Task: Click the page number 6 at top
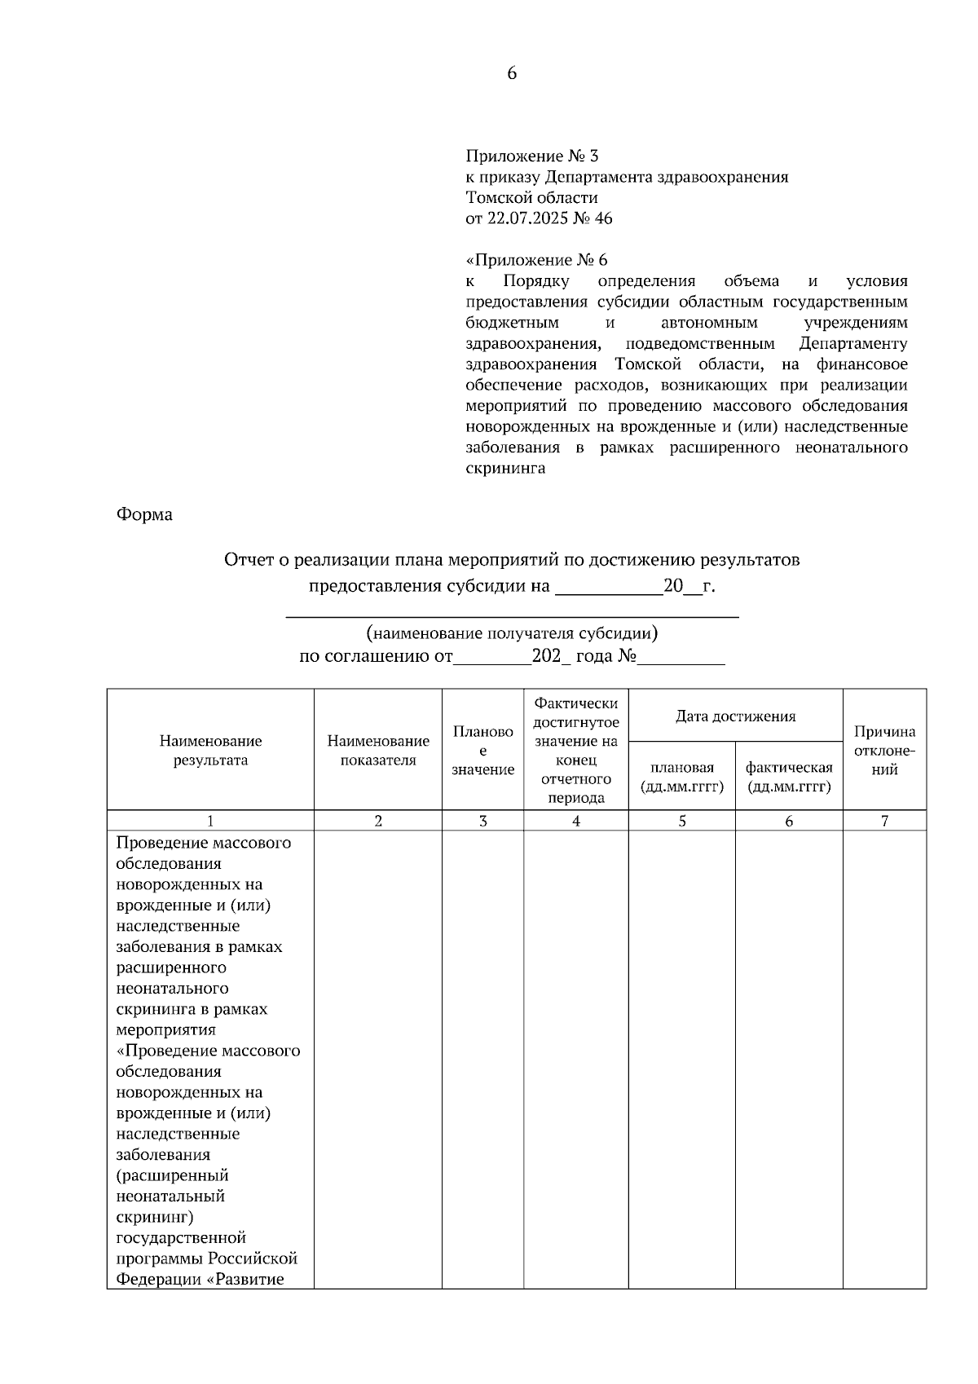[x=512, y=73]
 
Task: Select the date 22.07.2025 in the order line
[x=524, y=218]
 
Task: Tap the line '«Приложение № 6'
[x=536, y=260]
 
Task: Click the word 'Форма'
[x=144, y=514]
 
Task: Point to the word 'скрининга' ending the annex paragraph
[x=505, y=469]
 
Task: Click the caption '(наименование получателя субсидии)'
[x=512, y=632]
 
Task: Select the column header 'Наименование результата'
[x=210, y=750]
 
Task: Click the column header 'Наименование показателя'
[x=378, y=750]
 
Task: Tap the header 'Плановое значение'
[x=482, y=750]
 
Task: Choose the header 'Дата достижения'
[x=735, y=716]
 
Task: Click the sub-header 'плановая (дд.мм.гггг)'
[x=681, y=776]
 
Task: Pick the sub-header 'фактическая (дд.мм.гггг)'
[x=788, y=776]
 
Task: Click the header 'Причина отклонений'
[x=884, y=750]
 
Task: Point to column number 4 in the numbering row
[x=576, y=821]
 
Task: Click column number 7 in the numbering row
[x=884, y=821]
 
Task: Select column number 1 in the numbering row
[x=210, y=821]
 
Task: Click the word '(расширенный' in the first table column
[x=172, y=1175]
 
